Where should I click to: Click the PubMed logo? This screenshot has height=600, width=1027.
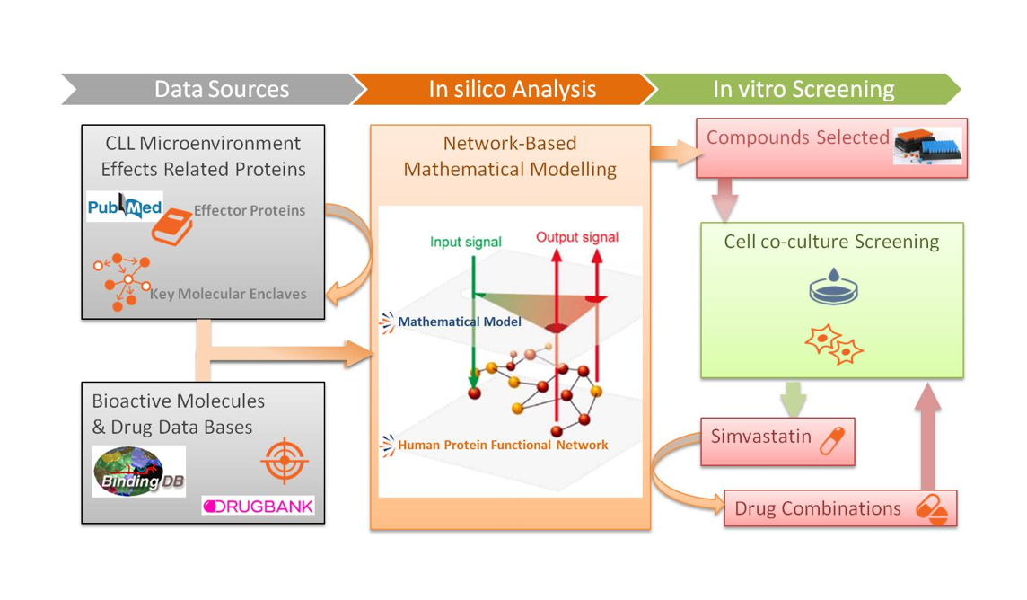coord(125,207)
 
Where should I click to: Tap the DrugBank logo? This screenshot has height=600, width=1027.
coord(259,507)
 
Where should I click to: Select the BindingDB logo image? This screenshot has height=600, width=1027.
coord(139,472)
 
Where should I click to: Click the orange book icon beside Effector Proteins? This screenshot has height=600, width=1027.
coord(171,226)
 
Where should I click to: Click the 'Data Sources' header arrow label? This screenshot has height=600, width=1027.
coord(221,89)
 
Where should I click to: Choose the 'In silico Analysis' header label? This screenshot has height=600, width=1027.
coord(512,89)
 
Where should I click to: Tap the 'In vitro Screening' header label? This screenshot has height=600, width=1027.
coord(803,89)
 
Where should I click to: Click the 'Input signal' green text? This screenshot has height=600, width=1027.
coord(465,242)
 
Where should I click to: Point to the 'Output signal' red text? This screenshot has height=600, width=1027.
coord(576,237)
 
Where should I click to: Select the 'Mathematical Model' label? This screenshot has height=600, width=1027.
coord(459,322)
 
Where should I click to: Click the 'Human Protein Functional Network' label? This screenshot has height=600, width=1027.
coord(502,445)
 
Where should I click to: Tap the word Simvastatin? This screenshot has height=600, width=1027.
coord(760,437)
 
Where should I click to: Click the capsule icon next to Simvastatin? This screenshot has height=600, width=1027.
coord(832,441)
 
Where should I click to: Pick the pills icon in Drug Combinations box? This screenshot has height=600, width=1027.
coord(932,509)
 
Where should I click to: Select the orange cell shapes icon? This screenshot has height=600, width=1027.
coord(834,345)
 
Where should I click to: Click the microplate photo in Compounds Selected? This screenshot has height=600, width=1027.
coord(927,145)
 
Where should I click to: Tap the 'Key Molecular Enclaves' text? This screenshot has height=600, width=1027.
coord(228,294)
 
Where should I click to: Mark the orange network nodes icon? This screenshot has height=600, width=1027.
coord(123,281)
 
